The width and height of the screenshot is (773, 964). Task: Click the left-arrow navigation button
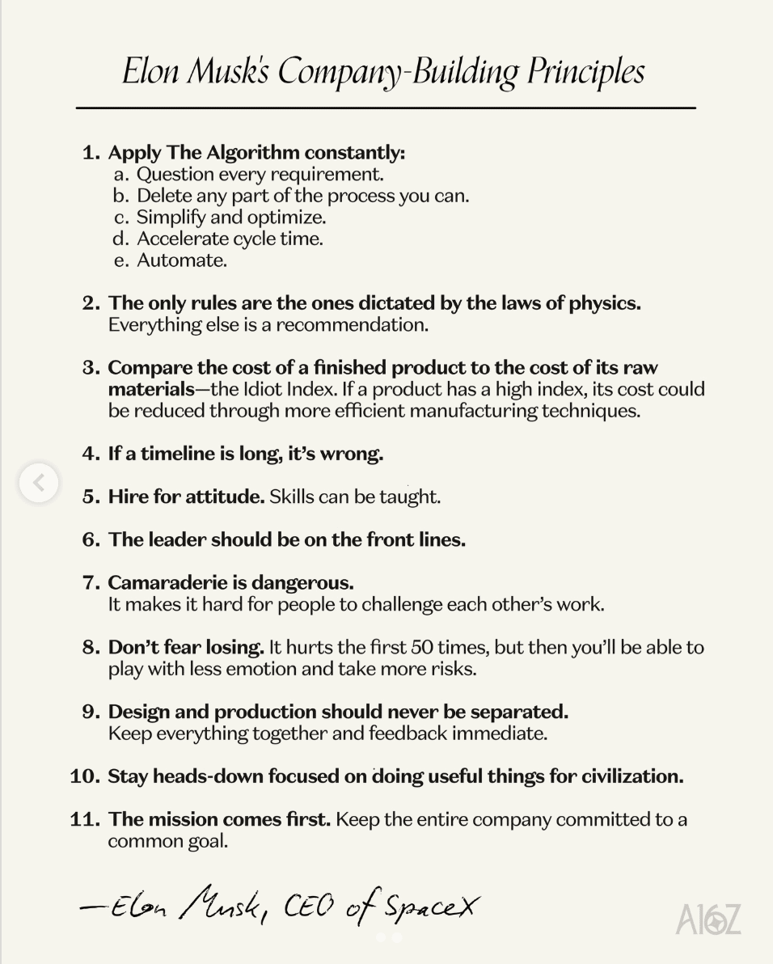point(39,483)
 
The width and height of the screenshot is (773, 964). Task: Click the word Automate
point(181,260)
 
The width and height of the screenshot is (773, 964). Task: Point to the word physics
point(602,303)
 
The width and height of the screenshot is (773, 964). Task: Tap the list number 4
point(91,454)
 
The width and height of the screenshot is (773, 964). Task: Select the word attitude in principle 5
point(225,497)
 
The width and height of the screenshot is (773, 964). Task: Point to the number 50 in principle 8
point(423,648)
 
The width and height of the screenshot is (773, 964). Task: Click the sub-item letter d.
point(121,239)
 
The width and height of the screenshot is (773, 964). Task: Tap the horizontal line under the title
point(386,107)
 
